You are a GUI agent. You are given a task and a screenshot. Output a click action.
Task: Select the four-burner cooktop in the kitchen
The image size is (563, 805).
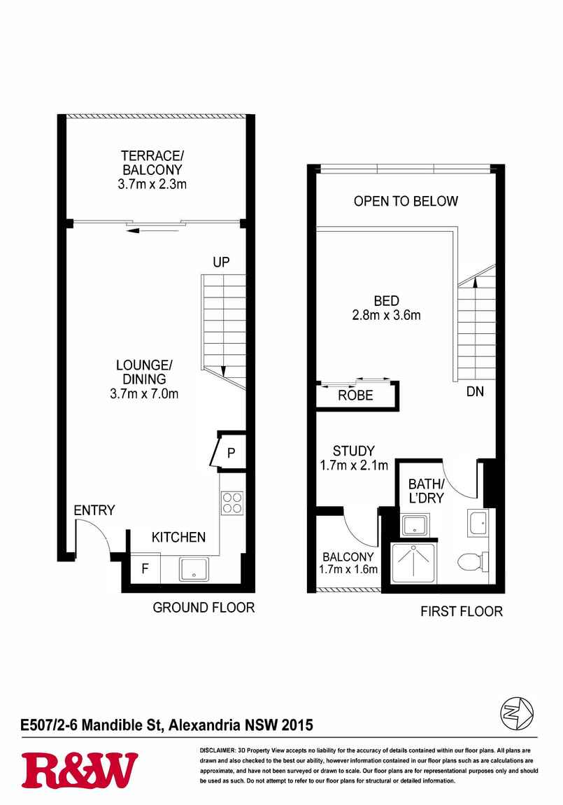coord(231,503)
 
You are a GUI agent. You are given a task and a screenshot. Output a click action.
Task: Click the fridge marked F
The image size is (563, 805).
coord(145,568)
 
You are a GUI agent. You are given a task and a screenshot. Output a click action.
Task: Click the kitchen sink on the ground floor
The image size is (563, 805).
coord(194,569)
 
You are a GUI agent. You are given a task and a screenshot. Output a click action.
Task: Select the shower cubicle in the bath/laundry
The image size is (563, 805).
coord(413,563)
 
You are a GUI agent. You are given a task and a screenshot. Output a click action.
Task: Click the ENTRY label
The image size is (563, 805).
coord(94,510)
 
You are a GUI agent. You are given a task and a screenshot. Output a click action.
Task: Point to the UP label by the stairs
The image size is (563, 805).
coord(221,262)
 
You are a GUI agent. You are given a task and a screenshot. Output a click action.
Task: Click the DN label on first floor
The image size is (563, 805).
coord(475,391)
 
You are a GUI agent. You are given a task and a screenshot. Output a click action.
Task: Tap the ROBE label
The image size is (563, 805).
coord(355,395)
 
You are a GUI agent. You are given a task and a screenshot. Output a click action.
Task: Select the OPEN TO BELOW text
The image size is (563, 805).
coord(406,201)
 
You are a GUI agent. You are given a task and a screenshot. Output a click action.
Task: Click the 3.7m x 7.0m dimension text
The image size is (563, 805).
coord(144,394)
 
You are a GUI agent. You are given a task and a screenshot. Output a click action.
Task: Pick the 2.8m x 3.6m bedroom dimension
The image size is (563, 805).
coord(386,315)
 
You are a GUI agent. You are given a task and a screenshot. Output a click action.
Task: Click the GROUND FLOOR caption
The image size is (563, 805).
coord(204,608)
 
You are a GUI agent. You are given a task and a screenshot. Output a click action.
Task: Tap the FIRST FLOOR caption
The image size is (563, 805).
coord(462,612)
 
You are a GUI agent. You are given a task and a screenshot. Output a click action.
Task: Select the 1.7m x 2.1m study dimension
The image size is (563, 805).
coord(354,465)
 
